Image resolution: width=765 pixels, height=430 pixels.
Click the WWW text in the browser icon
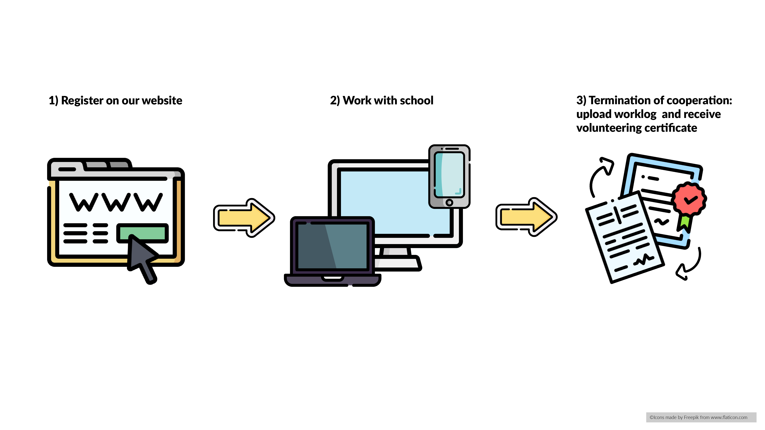116,202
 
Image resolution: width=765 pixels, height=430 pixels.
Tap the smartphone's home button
449,203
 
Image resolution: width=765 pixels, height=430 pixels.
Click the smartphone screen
449,175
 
